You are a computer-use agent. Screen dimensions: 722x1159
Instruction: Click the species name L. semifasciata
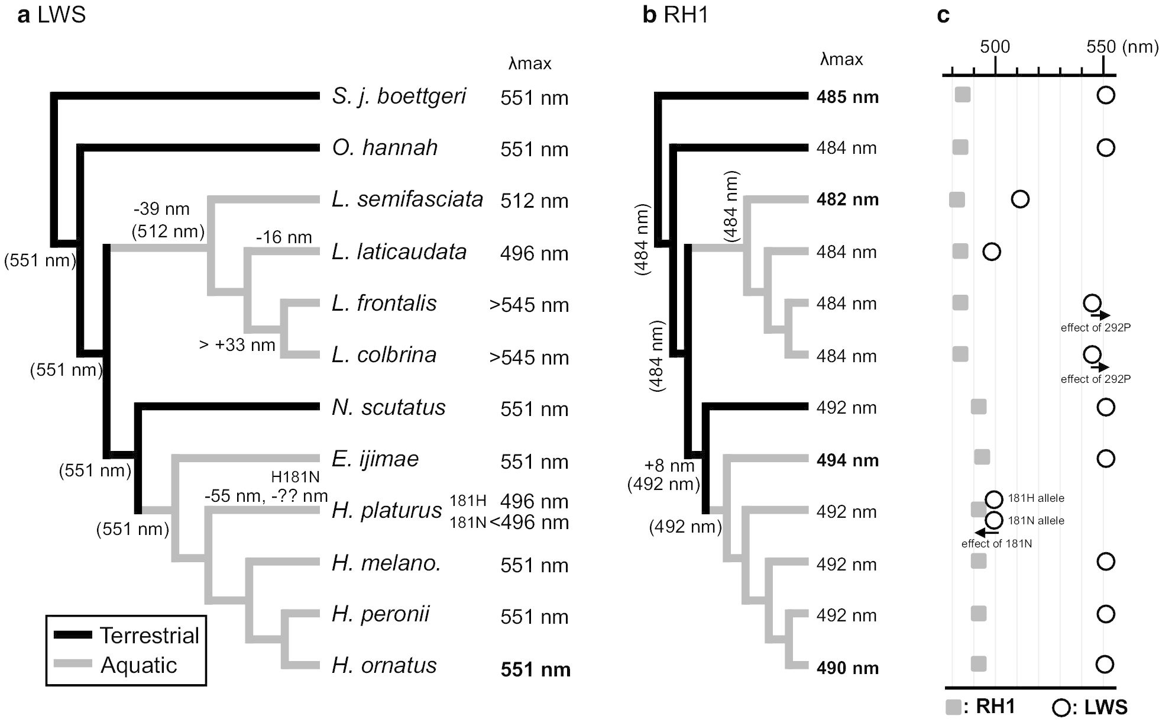[407, 199]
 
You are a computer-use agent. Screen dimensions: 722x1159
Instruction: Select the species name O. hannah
[385, 148]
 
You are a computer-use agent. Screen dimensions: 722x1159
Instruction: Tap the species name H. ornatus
[384, 666]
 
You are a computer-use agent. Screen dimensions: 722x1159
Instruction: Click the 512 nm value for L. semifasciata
[534, 201]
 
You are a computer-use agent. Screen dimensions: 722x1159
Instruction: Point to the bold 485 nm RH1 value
[847, 97]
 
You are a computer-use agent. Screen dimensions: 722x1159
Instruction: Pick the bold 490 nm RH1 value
[847, 668]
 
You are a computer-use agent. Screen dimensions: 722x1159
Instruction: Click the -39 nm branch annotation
[161, 209]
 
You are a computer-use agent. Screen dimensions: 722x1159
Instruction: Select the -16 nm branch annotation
[284, 237]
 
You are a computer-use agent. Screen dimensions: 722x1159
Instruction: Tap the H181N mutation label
[295, 477]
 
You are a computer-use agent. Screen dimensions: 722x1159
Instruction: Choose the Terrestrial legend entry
[149, 636]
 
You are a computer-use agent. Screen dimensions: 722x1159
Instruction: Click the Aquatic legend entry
[138, 665]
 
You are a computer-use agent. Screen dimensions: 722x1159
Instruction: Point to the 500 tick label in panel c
[995, 47]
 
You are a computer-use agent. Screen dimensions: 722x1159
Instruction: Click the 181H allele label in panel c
[1036, 498]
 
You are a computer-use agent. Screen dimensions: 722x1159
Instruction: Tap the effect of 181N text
[996, 543]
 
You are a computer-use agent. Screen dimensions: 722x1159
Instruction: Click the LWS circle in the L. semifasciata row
[1020, 199]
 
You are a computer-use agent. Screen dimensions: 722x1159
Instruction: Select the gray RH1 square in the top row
[963, 95]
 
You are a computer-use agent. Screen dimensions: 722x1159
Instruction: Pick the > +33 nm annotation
[237, 344]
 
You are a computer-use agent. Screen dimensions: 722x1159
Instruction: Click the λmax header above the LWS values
[530, 63]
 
